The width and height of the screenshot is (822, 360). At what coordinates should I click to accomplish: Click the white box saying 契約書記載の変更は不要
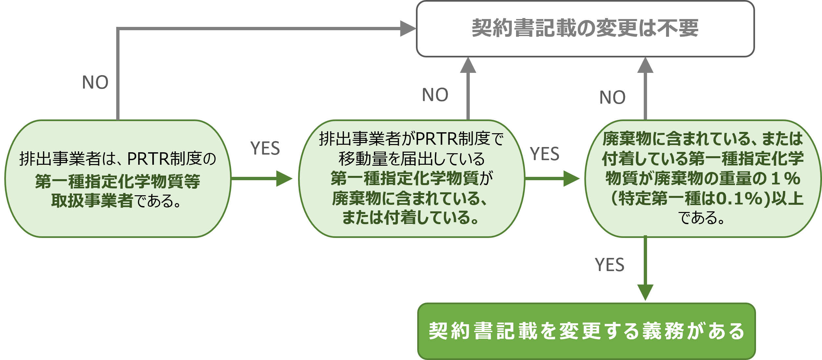[585, 29]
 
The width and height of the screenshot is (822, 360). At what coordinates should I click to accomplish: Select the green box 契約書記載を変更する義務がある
[587, 331]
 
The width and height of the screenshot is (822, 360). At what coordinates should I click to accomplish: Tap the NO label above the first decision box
[95, 82]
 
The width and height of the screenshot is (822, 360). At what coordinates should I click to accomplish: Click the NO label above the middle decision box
[435, 95]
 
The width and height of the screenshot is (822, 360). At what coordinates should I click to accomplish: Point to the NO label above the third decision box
[612, 97]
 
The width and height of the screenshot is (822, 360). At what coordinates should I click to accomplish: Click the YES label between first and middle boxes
[265, 148]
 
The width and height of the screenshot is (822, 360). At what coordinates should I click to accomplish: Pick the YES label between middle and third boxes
[544, 154]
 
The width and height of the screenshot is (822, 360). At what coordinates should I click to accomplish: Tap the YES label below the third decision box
[609, 265]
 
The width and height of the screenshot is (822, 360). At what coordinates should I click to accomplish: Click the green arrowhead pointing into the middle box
[284, 179]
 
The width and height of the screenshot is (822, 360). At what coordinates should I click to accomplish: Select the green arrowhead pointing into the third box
[571, 179]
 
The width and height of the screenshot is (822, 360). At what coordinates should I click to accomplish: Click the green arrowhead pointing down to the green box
[645, 292]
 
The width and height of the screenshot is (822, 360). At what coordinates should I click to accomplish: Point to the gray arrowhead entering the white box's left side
[408, 29]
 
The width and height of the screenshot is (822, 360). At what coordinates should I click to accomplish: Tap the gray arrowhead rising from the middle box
[468, 65]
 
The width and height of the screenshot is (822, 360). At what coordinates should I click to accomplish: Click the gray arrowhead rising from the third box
[645, 65]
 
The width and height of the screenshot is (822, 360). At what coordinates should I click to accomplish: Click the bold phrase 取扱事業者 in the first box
[92, 201]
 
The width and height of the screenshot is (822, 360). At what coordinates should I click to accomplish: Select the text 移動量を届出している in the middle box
[412, 159]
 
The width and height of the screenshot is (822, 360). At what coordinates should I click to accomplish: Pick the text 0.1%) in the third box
[743, 199]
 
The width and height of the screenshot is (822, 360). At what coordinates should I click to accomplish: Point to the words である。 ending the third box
[701, 218]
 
